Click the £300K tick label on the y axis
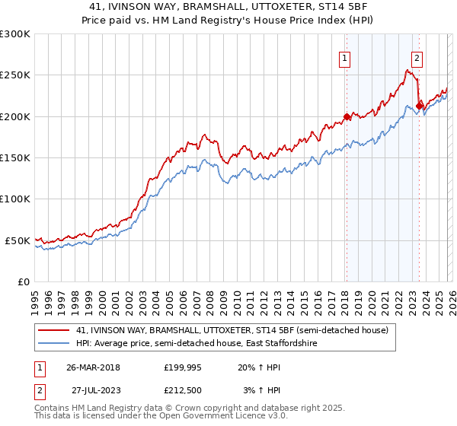15,34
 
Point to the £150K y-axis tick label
15,158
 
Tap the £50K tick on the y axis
18,240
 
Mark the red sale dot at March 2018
347,117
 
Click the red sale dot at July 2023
419,106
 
